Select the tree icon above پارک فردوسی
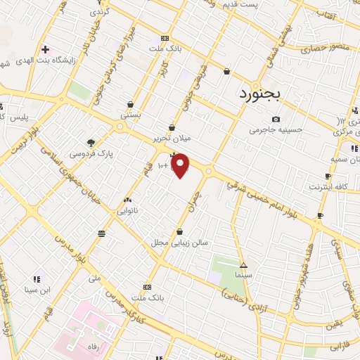90,142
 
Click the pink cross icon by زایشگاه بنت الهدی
46,50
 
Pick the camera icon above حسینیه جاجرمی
276,120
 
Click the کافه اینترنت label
328,187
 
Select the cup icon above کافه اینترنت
328,176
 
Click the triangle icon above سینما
244,266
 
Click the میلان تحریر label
173,139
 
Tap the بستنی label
131,114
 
